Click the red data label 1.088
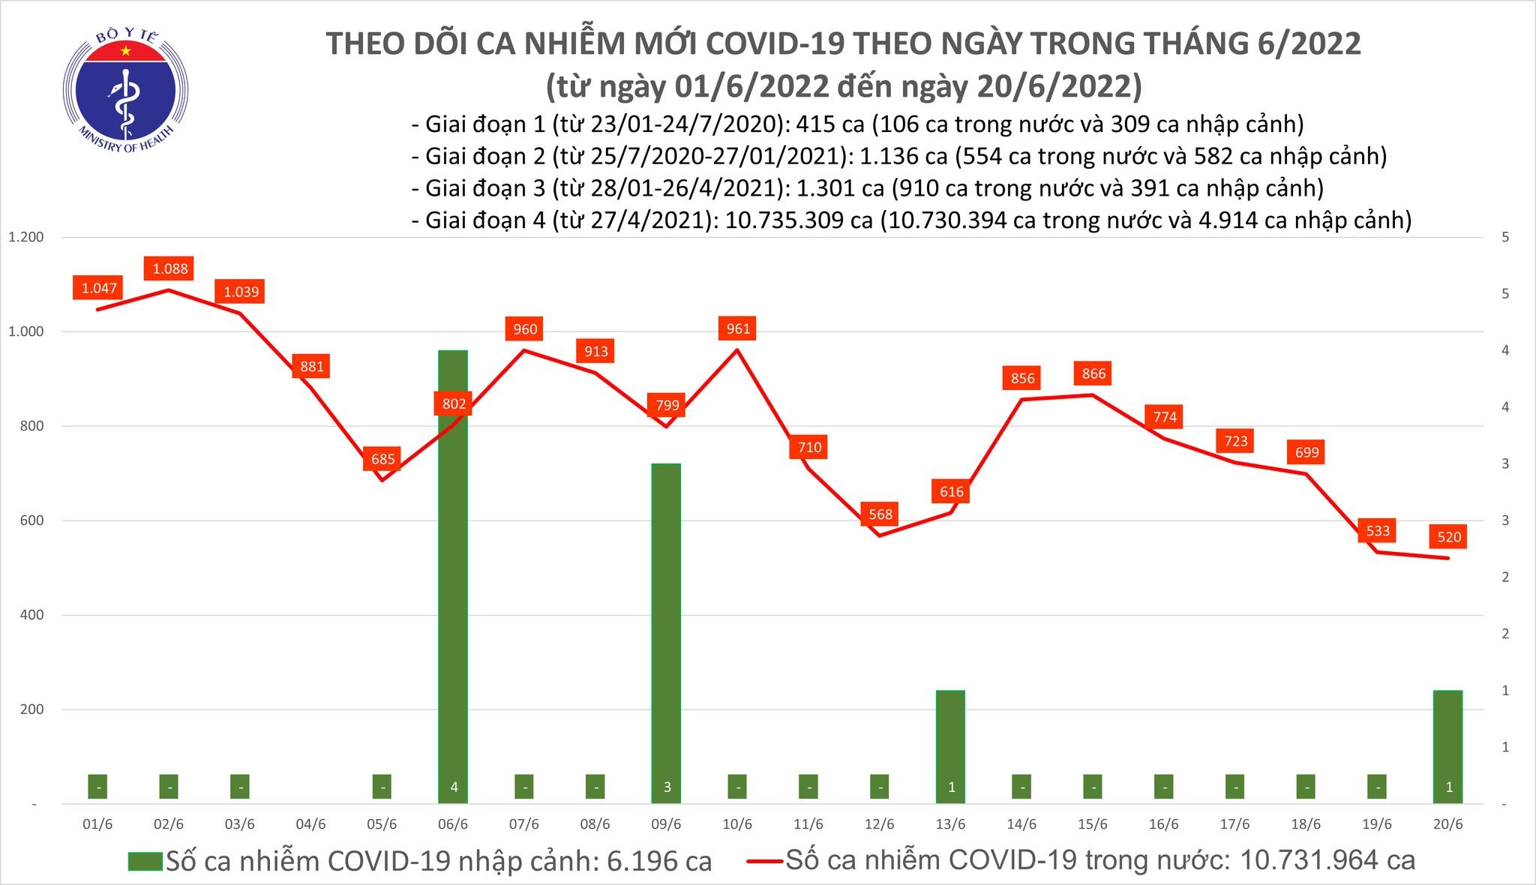169,268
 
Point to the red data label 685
382,459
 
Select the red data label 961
738,328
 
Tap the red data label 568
880,514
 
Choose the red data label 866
1093,373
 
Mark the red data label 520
1449,536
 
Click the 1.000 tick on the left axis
27,331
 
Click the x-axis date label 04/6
310,824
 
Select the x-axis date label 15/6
1093,824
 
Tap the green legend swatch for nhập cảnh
145,861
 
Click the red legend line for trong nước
765,861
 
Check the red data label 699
1306,452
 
